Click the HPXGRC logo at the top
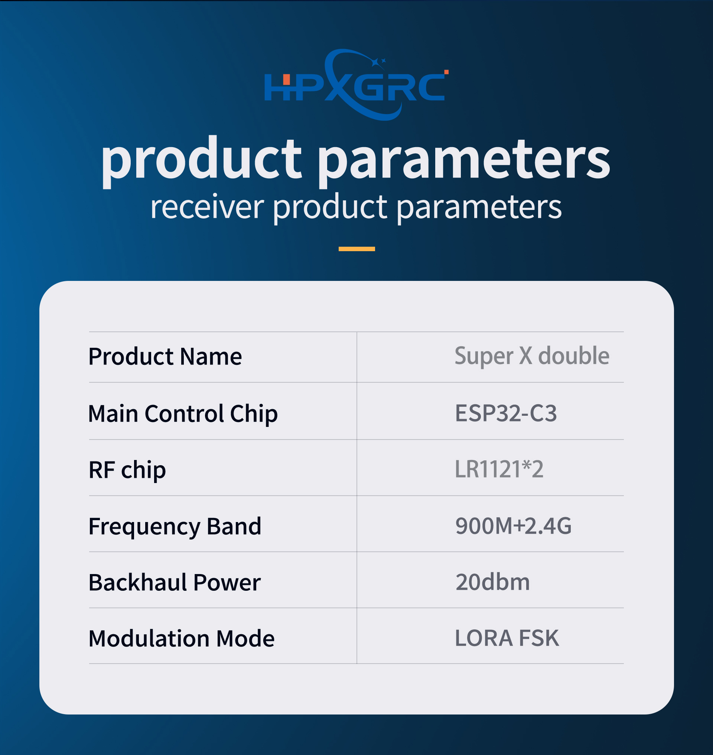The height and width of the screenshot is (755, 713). click(x=356, y=84)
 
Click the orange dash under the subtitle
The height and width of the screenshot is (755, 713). click(x=356, y=249)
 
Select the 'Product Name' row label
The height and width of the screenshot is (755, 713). click(x=165, y=356)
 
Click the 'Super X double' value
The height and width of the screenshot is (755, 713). click(x=532, y=356)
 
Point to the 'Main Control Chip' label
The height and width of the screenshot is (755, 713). click(x=183, y=414)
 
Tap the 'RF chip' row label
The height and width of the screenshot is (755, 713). click(x=127, y=470)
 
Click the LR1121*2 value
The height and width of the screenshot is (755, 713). click(x=499, y=469)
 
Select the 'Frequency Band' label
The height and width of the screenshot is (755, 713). click(x=175, y=526)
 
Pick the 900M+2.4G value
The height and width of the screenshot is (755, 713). click(x=514, y=526)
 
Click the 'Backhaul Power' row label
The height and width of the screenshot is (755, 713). click(x=175, y=582)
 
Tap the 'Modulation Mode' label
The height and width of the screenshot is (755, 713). click(x=181, y=638)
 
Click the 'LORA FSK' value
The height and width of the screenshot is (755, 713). click(x=507, y=638)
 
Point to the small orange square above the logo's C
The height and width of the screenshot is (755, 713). click(x=447, y=72)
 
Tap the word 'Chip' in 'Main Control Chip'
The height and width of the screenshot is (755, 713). click(x=254, y=414)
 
